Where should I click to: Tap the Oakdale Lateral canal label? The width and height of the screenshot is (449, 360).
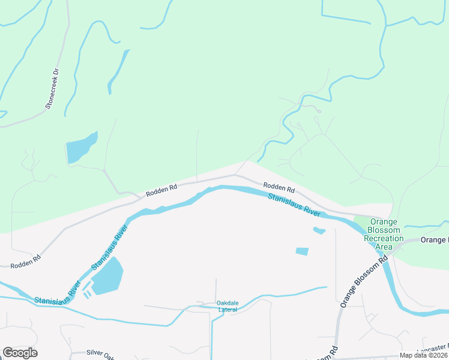[x=228, y=306]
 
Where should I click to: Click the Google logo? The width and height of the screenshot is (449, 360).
[x=20, y=353]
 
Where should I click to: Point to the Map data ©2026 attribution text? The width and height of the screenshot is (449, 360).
[x=423, y=355]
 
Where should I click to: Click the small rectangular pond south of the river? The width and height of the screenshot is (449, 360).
[x=302, y=251]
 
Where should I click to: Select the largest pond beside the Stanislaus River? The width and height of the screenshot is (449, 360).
[x=107, y=277]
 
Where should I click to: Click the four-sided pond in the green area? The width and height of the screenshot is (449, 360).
[x=80, y=148]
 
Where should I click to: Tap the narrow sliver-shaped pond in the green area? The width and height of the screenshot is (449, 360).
[x=118, y=71]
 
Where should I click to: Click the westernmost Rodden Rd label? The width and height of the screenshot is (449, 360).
[x=25, y=260]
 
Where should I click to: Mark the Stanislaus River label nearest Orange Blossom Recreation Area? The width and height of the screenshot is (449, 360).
[x=294, y=205]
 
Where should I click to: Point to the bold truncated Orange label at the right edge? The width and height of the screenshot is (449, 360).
[x=434, y=240]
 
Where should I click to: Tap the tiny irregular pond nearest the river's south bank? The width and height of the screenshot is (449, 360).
[x=319, y=230]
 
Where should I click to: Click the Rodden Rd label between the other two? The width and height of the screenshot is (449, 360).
[x=161, y=190]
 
